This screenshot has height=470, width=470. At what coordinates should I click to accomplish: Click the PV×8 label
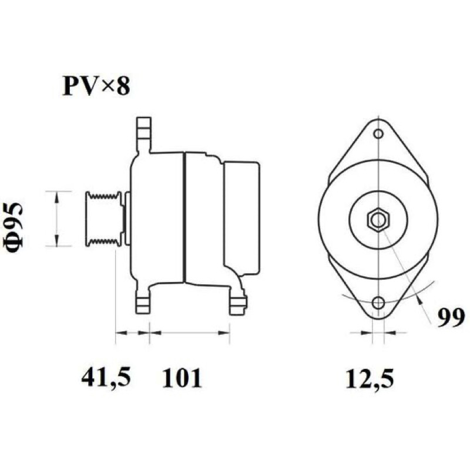[96, 86]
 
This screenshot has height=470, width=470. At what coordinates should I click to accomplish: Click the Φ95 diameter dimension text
[13, 227]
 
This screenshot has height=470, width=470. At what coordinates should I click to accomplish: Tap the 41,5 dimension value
[106, 378]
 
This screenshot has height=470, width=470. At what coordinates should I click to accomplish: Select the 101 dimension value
[182, 378]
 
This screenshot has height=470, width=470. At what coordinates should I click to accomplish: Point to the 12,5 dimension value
[370, 378]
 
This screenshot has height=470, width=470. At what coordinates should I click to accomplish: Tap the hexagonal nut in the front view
[378, 220]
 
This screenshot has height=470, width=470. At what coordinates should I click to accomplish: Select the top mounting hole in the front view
[379, 134]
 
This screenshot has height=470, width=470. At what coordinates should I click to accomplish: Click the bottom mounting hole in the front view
[379, 302]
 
